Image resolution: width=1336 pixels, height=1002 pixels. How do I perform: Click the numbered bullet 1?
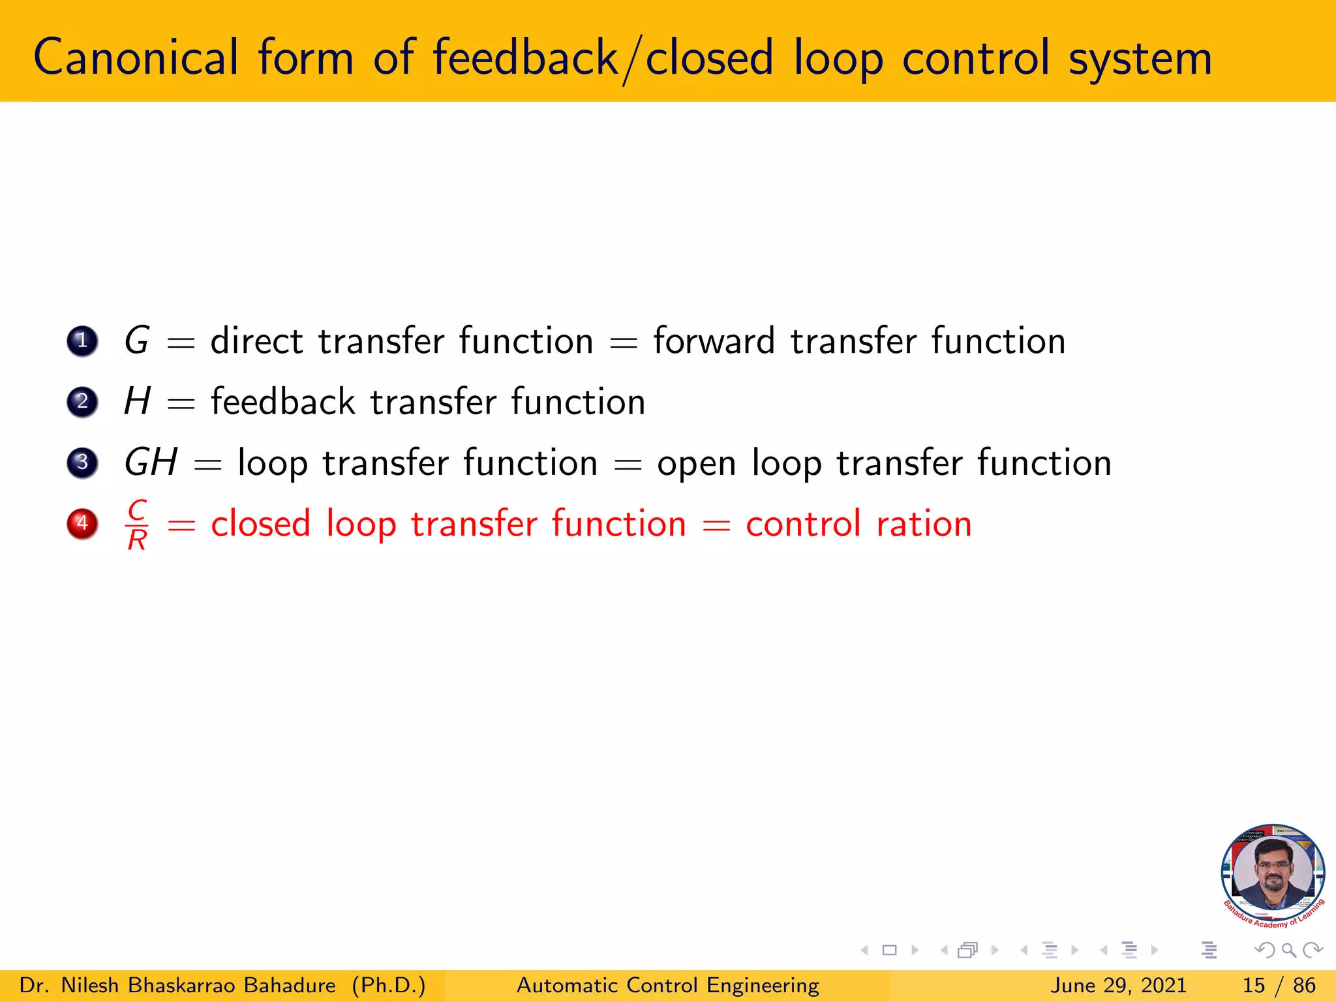click(82, 341)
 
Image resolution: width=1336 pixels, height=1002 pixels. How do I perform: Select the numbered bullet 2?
click(82, 401)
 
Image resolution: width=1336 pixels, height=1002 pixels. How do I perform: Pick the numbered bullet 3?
click(82, 463)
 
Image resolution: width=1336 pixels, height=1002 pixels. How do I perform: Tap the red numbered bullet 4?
click(82, 523)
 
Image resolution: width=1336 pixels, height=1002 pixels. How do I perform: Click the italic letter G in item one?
click(137, 341)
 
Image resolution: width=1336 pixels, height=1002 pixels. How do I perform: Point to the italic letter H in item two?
click(138, 401)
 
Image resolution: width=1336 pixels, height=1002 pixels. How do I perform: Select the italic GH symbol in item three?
click(151, 463)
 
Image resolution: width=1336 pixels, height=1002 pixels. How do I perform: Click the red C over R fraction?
click(137, 524)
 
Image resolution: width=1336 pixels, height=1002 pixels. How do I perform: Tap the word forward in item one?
click(714, 341)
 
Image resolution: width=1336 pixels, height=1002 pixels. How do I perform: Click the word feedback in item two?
click(282, 401)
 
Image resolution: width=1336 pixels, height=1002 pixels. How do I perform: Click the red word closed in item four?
click(260, 524)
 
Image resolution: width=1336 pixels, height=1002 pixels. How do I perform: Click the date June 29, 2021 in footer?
click(1118, 985)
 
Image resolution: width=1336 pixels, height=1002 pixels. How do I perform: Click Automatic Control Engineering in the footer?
click(667, 985)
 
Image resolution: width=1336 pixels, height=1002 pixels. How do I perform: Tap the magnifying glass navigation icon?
click(1288, 950)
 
